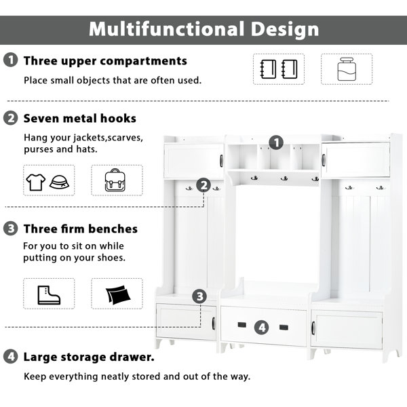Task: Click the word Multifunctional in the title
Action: [x=167, y=28]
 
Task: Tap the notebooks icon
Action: [x=279, y=69]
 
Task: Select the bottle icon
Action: [x=347, y=69]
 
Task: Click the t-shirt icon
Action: [x=36, y=182]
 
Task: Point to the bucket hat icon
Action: [x=59, y=182]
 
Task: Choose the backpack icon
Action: [x=115, y=180]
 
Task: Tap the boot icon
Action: [x=49, y=295]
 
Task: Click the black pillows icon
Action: [x=118, y=294]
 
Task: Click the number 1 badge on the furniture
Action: [x=276, y=142]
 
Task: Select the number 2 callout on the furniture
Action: [x=203, y=185]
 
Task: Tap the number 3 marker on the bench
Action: [x=199, y=296]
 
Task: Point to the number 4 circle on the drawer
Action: [x=262, y=328]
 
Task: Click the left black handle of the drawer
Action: [x=242, y=325]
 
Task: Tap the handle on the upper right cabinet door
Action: [x=324, y=160]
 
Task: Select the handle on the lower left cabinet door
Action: [x=214, y=324]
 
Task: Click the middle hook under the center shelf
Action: [x=284, y=178]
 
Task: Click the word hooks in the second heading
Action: [x=118, y=118]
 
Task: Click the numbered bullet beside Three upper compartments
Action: [x=11, y=60]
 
